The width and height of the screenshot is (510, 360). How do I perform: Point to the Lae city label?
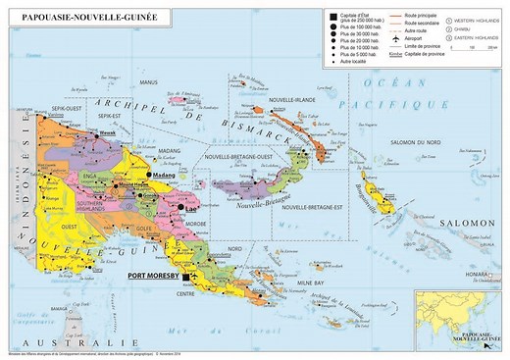191,209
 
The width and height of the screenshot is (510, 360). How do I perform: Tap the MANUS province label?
149,81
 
